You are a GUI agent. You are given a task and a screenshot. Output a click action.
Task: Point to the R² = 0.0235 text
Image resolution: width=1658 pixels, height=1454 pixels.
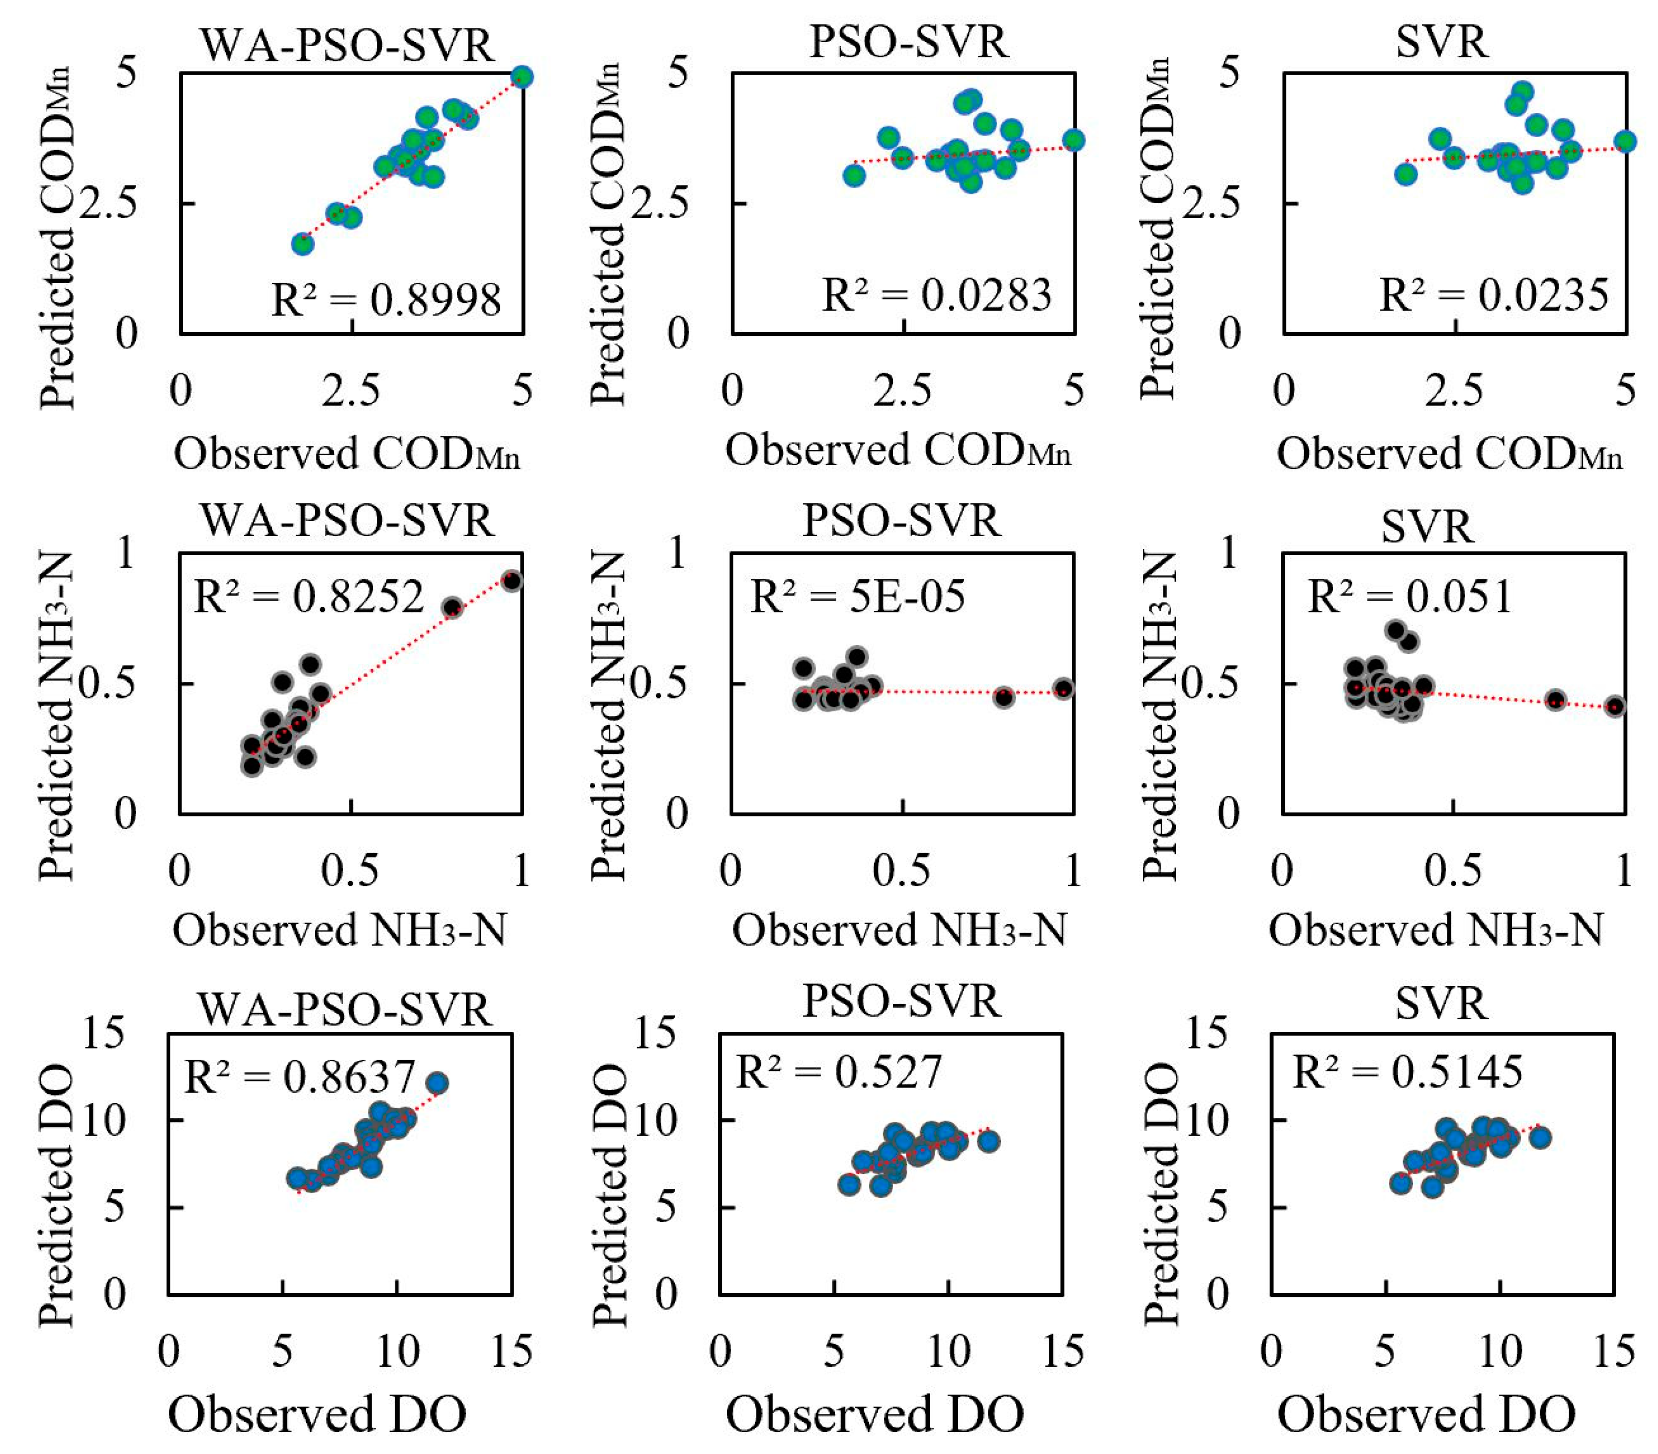(x=1494, y=294)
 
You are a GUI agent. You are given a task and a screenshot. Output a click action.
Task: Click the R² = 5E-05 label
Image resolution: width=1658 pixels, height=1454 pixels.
(x=858, y=596)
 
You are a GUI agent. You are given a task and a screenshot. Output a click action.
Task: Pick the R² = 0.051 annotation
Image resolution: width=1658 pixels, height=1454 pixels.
(x=1410, y=596)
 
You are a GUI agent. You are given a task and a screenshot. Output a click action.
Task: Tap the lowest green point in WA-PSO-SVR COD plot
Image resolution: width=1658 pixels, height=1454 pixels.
(x=303, y=243)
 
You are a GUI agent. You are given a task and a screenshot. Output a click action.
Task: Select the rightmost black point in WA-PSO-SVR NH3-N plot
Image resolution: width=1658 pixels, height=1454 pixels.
(x=512, y=581)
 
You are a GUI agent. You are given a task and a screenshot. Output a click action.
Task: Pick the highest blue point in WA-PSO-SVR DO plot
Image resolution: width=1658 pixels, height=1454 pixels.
(x=437, y=1082)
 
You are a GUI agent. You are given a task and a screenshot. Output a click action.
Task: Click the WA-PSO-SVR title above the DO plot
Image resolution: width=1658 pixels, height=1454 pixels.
(x=345, y=1010)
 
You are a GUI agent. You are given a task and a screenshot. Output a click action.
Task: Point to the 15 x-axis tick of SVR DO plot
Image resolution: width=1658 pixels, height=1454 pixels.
(x=1613, y=1350)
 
